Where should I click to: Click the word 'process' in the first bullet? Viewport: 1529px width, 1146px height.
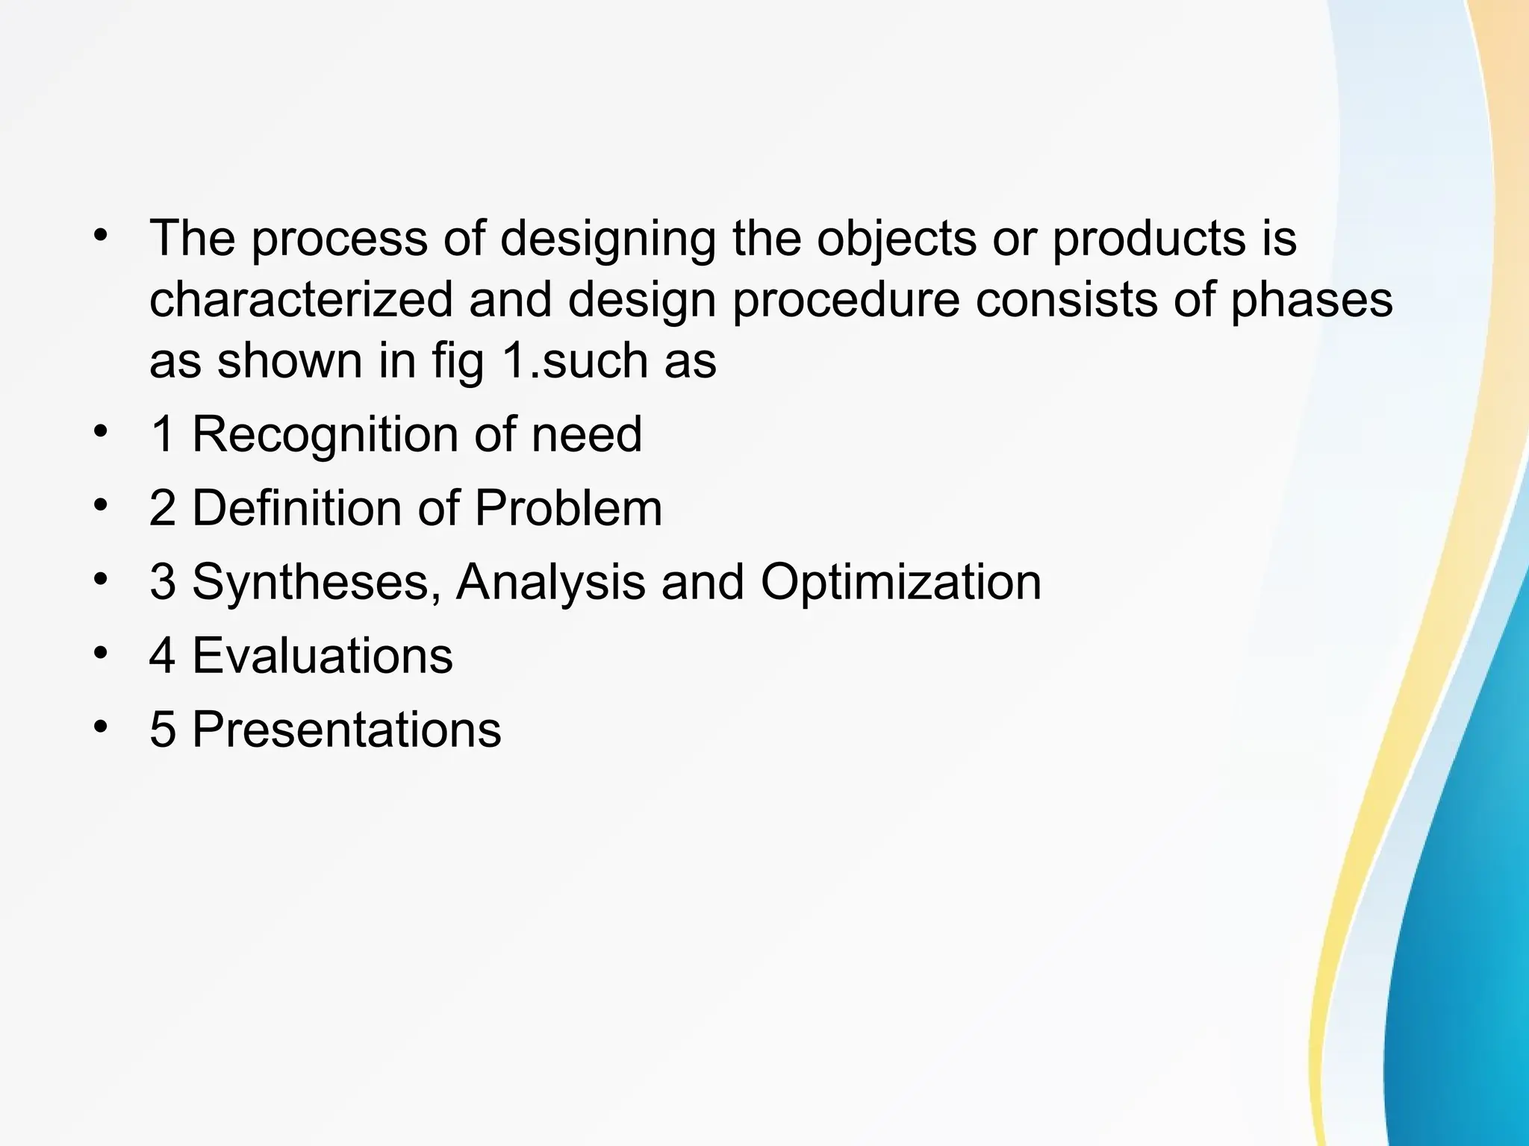pyautogui.click(x=339, y=240)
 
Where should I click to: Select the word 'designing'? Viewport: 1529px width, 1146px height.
pyautogui.click(x=607, y=240)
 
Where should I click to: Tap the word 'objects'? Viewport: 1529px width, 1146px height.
pyautogui.click(x=896, y=240)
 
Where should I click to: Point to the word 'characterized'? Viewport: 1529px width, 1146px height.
pyautogui.click(x=301, y=300)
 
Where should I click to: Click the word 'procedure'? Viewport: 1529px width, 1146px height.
pyautogui.click(x=845, y=300)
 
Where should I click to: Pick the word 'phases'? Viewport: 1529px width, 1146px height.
pyautogui.click(x=1311, y=300)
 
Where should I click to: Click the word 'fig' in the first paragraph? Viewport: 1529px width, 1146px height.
pyautogui.click(x=458, y=361)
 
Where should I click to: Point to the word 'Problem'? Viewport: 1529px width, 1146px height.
pyautogui.click(x=567, y=509)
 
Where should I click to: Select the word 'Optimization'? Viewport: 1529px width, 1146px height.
pyautogui.click(x=900, y=582)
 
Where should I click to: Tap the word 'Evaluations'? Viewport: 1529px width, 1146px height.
pyautogui.click(x=323, y=656)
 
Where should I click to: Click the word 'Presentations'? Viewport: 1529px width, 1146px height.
pyautogui.click(x=347, y=730)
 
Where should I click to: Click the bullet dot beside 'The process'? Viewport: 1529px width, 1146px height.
pyautogui.click(x=101, y=237)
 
